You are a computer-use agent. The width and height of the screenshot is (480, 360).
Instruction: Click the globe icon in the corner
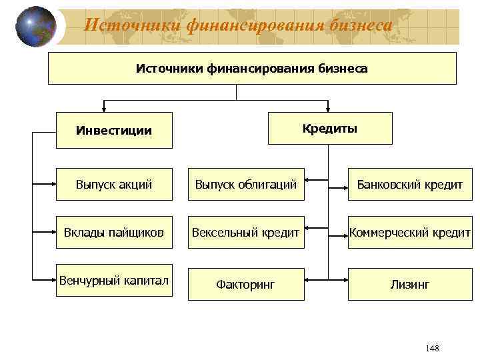[35, 27]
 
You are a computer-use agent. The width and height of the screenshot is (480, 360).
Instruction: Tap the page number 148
[431, 349]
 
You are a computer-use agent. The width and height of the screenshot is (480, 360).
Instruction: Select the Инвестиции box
[113, 130]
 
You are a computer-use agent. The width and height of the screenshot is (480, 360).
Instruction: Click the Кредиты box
[330, 128]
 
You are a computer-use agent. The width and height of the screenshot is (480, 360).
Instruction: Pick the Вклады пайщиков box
[113, 233]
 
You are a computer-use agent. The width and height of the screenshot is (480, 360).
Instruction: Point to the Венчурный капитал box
[113, 280]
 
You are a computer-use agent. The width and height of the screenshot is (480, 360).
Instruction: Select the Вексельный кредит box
[245, 233]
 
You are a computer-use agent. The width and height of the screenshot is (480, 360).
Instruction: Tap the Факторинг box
[245, 285]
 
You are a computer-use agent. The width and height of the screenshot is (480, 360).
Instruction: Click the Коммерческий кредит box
[409, 233]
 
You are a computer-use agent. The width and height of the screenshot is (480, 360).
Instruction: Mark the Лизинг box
[409, 285]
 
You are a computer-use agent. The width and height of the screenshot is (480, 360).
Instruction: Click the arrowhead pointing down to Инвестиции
[105, 109]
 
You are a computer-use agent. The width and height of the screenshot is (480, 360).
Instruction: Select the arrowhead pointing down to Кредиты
[328, 109]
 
